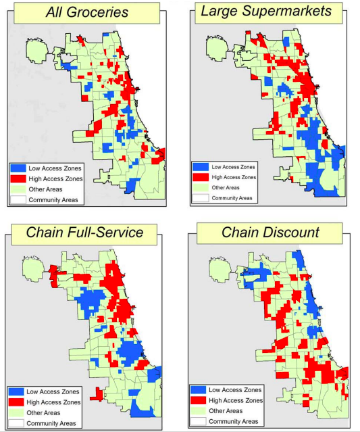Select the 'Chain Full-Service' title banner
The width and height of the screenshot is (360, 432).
(x=84, y=233)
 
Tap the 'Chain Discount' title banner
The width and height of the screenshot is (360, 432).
(x=271, y=233)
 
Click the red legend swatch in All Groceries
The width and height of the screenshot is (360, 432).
(x=19, y=178)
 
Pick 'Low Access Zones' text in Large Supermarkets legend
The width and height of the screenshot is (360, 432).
(x=233, y=166)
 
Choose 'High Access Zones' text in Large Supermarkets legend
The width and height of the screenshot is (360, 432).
(x=234, y=177)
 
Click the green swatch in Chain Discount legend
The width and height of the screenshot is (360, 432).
(x=199, y=411)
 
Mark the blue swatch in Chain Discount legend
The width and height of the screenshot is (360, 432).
(x=199, y=390)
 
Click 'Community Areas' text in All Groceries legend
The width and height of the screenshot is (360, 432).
(x=53, y=200)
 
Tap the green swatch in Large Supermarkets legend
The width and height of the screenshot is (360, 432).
(x=200, y=187)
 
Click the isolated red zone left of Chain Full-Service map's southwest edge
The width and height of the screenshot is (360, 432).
(x=95, y=392)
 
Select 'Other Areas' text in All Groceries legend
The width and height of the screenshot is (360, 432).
(x=45, y=189)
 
